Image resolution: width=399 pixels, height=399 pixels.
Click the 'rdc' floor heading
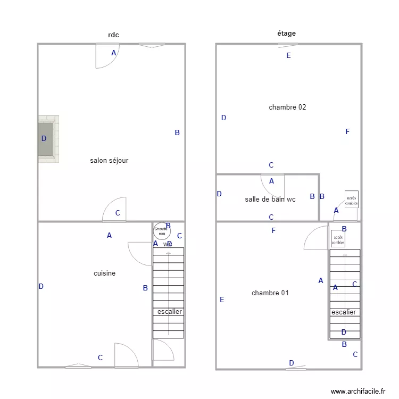[113, 35]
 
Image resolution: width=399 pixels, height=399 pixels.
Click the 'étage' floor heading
[286, 34]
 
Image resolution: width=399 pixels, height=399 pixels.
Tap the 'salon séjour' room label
[109, 160]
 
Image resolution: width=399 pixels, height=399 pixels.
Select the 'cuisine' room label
[104, 273]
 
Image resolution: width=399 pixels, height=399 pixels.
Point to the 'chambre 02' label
[287, 107]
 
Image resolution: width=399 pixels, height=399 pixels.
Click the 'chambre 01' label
[270, 293]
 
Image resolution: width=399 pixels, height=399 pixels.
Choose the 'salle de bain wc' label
[270, 199]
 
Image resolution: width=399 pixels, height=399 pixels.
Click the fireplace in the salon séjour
[47, 139]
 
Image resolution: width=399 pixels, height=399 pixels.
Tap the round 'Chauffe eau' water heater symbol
[161, 230]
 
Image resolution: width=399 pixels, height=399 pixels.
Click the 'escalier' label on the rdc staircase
[170, 312]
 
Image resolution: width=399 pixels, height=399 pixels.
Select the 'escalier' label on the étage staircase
[344, 312]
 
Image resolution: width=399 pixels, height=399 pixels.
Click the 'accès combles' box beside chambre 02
[351, 199]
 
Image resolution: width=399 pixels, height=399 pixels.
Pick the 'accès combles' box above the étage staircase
[338, 239]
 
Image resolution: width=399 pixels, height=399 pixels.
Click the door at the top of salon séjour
[106, 56]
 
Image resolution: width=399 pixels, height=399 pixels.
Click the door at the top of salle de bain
[272, 185]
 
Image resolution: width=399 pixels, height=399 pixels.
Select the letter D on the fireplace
[44, 138]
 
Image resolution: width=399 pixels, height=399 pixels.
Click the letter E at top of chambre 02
[289, 55]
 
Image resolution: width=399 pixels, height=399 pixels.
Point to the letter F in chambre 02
[347, 131]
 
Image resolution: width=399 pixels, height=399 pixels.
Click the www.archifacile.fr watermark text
[358, 391]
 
